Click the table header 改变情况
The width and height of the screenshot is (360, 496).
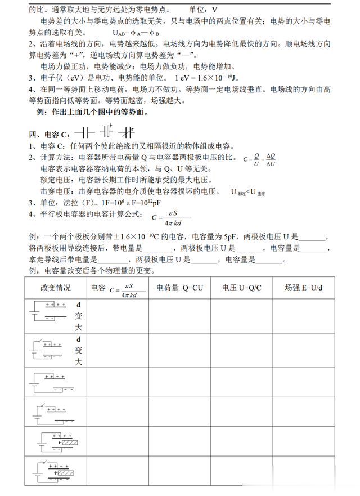55,287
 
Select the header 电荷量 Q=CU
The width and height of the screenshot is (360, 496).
179,287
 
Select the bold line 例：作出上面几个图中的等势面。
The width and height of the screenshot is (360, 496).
92,112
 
